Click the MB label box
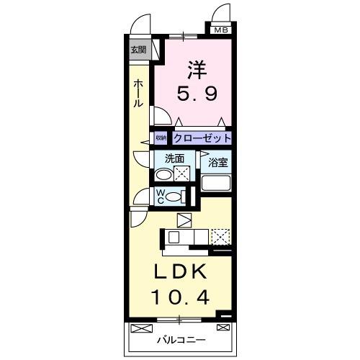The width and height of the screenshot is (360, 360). click(x=221, y=30)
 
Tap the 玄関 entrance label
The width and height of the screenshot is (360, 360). click(x=138, y=50)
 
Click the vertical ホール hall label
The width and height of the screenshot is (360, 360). click(x=138, y=94)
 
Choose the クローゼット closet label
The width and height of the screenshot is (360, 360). click(x=202, y=138)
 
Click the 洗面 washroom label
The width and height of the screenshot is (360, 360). click(x=175, y=158)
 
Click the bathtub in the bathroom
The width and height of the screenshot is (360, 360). click(x=217, y=183)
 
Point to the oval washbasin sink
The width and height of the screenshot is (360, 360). click(x=164, y=174)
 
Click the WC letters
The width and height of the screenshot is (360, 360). click(x=161, y=195)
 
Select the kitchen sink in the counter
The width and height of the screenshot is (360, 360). click(x=175, y=236)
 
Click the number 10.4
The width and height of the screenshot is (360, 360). click(x=183, y=297)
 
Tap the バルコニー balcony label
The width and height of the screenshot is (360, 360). click(x=181, y=338)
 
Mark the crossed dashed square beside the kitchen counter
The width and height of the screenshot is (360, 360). click(x=220, y=236)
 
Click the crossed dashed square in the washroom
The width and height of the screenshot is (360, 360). click(x=183, y=174)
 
